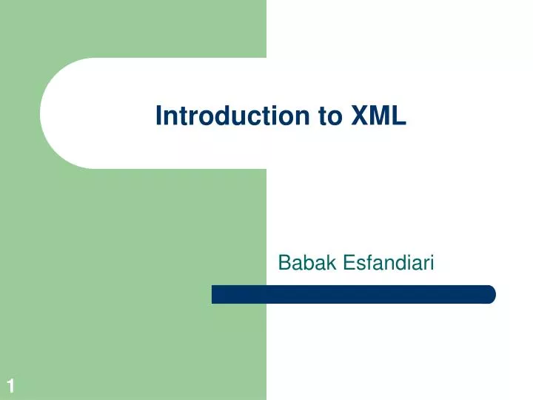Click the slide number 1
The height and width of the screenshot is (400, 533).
coord(10,385)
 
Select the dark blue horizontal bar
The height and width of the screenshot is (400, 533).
coord(353,294)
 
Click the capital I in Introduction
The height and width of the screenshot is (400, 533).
coord(159,116)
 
